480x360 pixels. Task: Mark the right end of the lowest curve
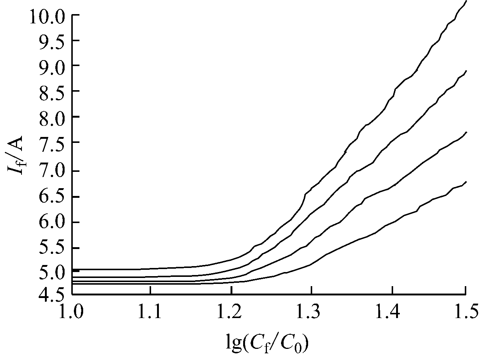click(x=466, y=182)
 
